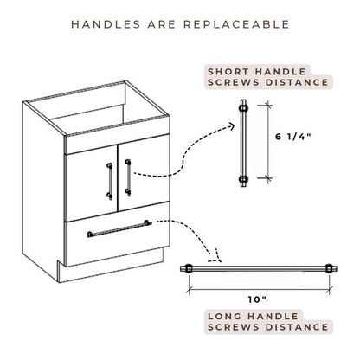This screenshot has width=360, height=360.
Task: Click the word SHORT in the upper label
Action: (230, 69)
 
